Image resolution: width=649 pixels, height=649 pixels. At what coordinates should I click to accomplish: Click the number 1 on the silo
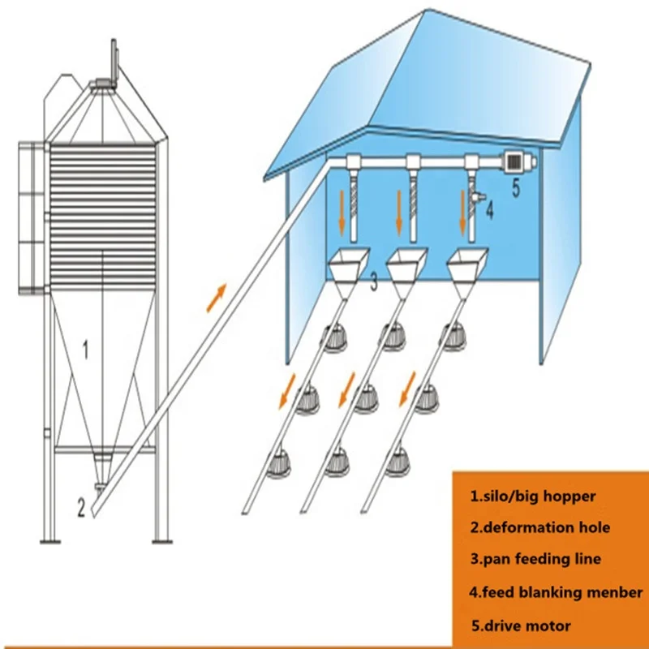click(85, 350)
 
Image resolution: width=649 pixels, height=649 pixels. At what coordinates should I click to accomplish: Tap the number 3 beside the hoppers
click(374, 282)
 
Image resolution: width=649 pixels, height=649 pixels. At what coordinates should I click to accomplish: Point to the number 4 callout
click(489, 211)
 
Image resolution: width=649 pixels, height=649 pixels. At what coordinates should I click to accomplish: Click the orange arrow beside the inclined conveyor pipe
click(217, 297)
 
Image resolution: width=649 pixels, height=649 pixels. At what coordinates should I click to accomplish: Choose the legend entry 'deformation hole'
click(540, 528)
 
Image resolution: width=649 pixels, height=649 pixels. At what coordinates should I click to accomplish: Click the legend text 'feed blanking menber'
click(556, 593)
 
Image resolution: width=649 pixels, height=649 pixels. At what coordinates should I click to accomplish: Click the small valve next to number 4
click(477, 196)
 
